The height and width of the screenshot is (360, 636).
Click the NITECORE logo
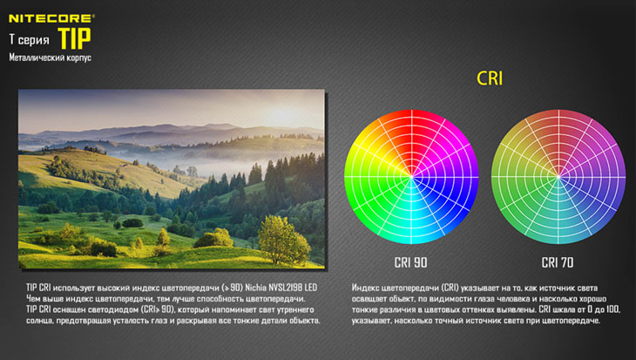[51, 18]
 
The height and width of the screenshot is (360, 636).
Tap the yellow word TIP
[74, 38]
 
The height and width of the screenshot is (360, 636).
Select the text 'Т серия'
[30, 40]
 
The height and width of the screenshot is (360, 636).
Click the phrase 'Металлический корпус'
[51, 58]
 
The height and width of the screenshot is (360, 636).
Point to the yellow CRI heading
[490, 78]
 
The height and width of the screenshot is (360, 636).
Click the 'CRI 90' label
[411, 262]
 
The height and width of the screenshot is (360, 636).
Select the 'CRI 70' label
[558, 262]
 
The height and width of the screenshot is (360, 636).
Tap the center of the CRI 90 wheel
[411, 177]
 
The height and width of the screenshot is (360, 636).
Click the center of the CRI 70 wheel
[558, 177]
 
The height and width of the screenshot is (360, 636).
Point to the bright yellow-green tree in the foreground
[283, 240]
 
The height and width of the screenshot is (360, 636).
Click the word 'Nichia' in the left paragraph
[255, 288]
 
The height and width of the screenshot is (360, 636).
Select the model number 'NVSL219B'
[284, 288]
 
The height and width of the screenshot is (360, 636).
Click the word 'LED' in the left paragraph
[310, 288]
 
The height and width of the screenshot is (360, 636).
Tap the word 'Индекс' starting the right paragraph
[365, 289]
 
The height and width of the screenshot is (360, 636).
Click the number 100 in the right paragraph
[613, 309]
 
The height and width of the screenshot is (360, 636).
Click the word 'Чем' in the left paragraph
[33, 299]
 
